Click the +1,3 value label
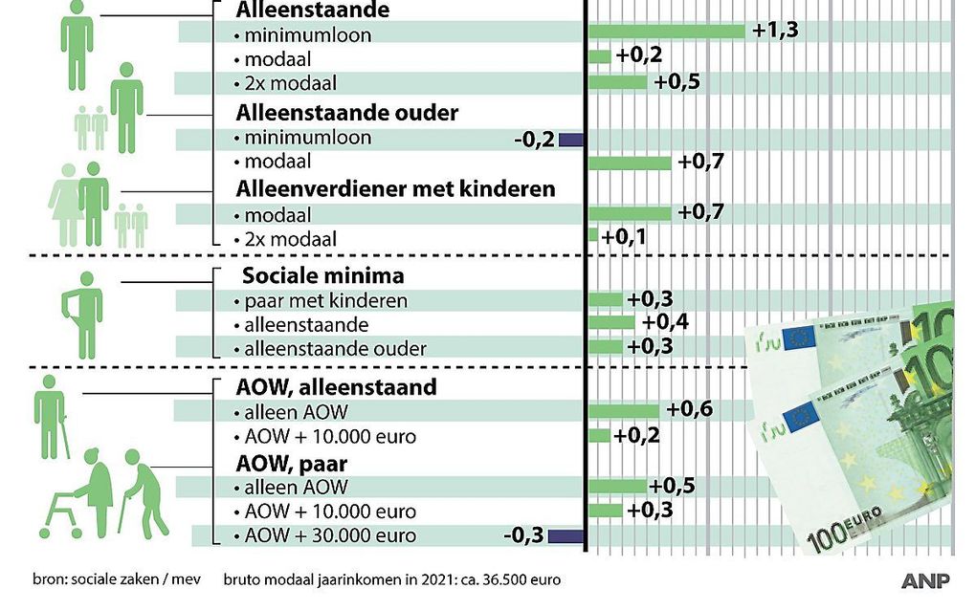coord(774,31)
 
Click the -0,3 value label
coord(522,535)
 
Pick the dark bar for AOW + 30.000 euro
coord(566,535)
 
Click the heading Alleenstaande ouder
coord(347,113)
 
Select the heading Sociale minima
coord(322,276)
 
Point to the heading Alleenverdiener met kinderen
coord(395,188)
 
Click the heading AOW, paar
coord(291,464)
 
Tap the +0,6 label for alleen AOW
coord(690,410)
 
